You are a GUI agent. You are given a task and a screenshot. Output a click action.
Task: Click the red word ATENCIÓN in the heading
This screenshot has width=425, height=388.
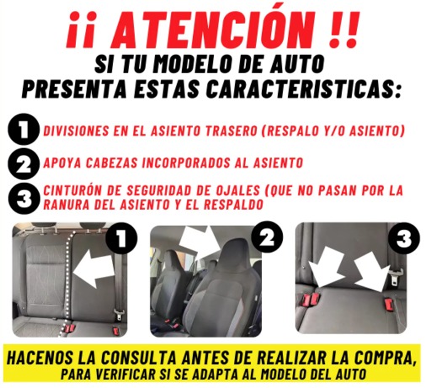click(x=212, y=29)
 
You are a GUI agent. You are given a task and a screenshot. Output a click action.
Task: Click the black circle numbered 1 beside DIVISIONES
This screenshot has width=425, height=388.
click(x=24, y=129)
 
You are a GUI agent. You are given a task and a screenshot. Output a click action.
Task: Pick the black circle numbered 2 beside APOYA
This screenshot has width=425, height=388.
click(x=24, y=164)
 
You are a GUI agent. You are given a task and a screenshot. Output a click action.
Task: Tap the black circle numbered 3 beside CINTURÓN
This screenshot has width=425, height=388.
click(x=24, y=199)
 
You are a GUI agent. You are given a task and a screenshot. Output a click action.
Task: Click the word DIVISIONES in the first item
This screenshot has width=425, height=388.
click(x=76, y=130)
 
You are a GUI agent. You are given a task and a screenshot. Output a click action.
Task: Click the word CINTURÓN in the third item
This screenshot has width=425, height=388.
click(x=72, y=190)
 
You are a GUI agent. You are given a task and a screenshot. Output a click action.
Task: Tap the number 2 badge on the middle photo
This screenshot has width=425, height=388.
click(x=267, y=238)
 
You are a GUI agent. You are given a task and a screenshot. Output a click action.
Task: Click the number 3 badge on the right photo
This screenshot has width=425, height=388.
click(x=404, y=238)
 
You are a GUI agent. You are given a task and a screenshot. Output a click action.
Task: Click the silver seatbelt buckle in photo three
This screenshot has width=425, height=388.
click(x=396, y=277)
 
